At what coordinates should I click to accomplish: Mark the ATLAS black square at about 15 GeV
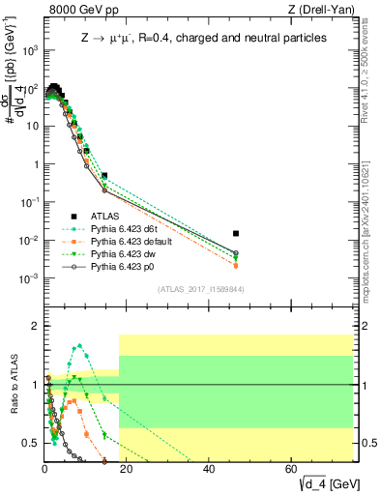pos(104,176)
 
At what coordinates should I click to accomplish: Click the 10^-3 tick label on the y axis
pos(30,278)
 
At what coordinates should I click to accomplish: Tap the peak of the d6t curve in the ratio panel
pos(78,345)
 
